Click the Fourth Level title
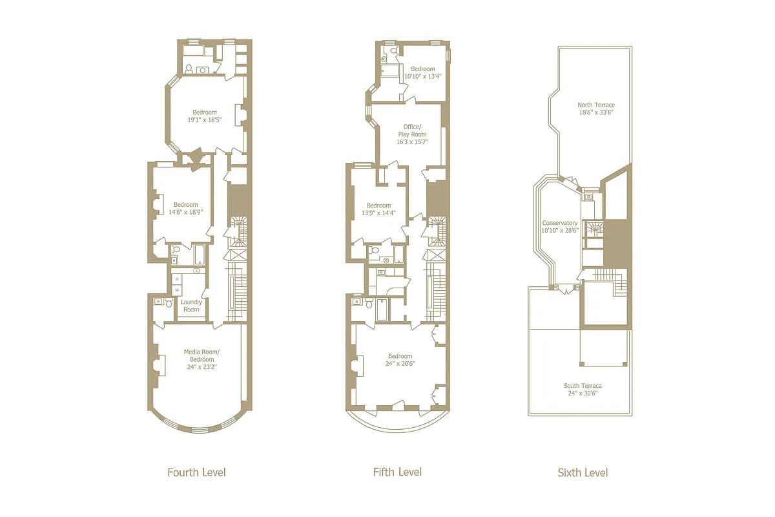[196, 472]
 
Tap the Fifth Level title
[397, 472]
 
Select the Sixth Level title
[583, 473]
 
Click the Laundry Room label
[191, 306]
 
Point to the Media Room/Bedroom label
[201, 355]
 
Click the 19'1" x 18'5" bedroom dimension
[204, 120]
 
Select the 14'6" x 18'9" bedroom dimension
[185, 213]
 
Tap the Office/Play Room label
[413, 130]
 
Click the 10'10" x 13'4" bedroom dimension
[423, 76]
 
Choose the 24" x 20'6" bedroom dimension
[400, 363]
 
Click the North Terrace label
[595, 105]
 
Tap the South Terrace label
[583, 386]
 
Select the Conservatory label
[559, 223]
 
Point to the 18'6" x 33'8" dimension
[595, 112]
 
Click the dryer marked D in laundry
[176, 279]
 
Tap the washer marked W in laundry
[176, 290]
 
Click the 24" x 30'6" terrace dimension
[583, 393]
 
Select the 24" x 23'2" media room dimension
[201, 366]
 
